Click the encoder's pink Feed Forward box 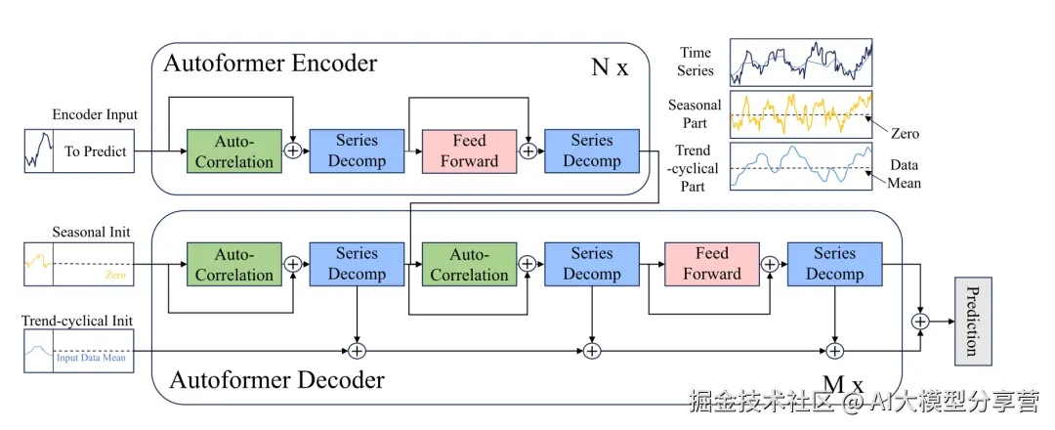pos(469,150)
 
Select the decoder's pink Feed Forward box pos(712,264)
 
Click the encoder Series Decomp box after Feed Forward pos(591,150)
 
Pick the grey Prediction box pos(971,321)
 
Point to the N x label pos(611,68)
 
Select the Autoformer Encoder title pos(270,64)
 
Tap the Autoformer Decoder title pos(277,379)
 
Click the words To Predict pos(95,151)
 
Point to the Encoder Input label pos(95,114)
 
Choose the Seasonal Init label pos(91,233)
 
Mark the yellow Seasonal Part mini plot pos(801,114)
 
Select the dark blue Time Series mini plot pos(801,64)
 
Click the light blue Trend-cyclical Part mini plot pos(801,165)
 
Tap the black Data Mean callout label pos(905,174)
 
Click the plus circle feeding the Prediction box pos(919,321)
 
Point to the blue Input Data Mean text pos(91,358)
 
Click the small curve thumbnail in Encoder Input pos(38,151)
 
